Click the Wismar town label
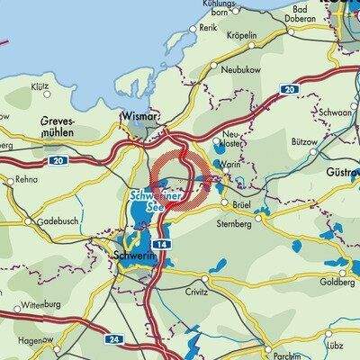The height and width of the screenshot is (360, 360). point(138,115)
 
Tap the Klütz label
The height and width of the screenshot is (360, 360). point(39,87)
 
